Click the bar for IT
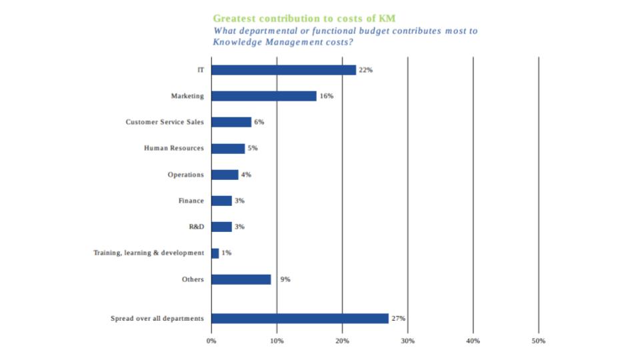point(283,70)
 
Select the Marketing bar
point(264,96)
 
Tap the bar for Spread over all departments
point(300,319)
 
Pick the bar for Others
point(241,279)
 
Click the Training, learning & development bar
point(215,253)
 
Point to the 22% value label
point(366,70)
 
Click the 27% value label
point(399,319)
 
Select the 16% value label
point(327,96)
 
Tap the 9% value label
point(285,279)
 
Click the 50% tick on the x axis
point(539,341)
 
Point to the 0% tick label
point(211,341)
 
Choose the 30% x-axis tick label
point(408,341)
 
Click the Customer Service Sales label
point(165,122)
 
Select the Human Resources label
point(174,148)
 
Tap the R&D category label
point(197,227)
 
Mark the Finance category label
point(191,201)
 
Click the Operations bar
point(225,175)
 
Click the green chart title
point(304,19)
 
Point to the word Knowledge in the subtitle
point(239,42)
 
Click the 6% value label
point(259,122)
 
